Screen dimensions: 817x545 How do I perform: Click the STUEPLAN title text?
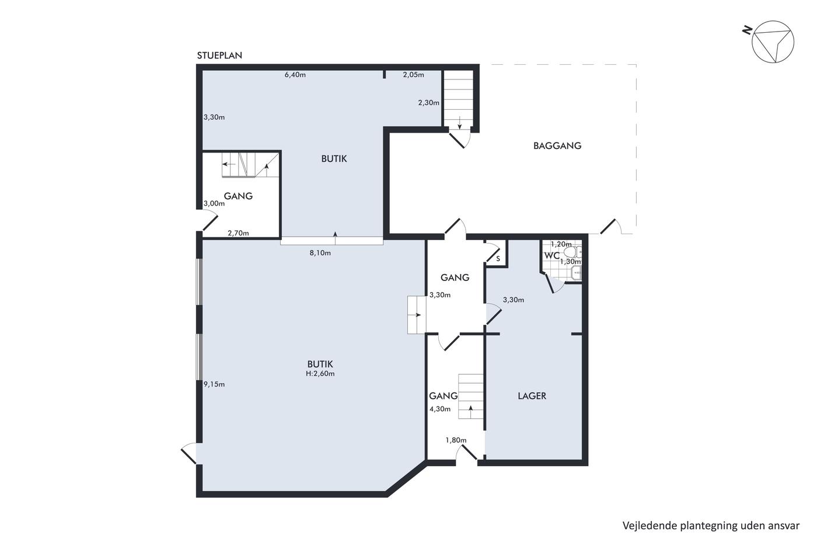[x=219, y=55]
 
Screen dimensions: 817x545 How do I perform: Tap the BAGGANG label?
[x=557, y=145]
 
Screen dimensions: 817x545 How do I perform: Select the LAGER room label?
[x=532, y=395]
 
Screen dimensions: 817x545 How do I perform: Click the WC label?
[x=552, y=255]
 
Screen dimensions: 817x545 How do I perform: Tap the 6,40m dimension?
[x=295, y=75]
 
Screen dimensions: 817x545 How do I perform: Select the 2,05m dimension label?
[x=413, y=75]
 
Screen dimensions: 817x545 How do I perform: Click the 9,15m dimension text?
[x=214, y=384]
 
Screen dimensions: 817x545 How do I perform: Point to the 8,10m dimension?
[x=320, y=252]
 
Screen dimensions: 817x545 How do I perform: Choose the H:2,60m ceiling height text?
[x=320, y=373]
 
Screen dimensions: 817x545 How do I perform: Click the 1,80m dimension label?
[x=456, y=440]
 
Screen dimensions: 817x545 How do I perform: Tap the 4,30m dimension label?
[x=440, y=409]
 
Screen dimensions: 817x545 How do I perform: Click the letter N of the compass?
[x=748, y=30]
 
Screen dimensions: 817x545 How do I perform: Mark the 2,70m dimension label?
[x=238, y=233]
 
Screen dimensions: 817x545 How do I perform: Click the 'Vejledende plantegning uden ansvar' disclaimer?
[x=711, y=526]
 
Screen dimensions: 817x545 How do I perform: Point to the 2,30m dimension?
[x=428, y=103]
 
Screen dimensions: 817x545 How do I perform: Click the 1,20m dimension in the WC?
[x=561, y=244]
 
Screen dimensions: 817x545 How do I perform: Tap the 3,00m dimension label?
[x=214, y=203]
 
